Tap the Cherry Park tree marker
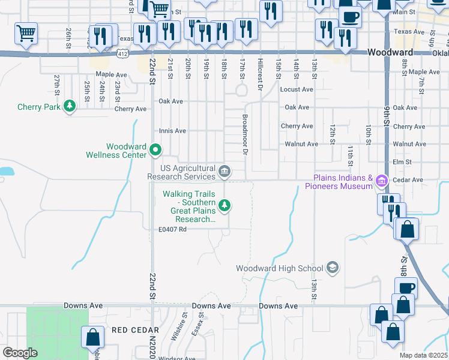tap(71, 106)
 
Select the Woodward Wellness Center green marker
tap(155, 149)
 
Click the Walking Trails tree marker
tap(225, 206)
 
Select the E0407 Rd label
tap(173, 229)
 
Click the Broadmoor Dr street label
tap(245, 135)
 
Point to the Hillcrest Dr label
tap(261, 74)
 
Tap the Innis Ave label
tap(172, 131)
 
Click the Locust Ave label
tap(297, 89)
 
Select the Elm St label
tap(402, 162)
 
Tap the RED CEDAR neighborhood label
tap(136, 330)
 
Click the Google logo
tap(20, 353)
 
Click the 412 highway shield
tap(123, 54)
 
